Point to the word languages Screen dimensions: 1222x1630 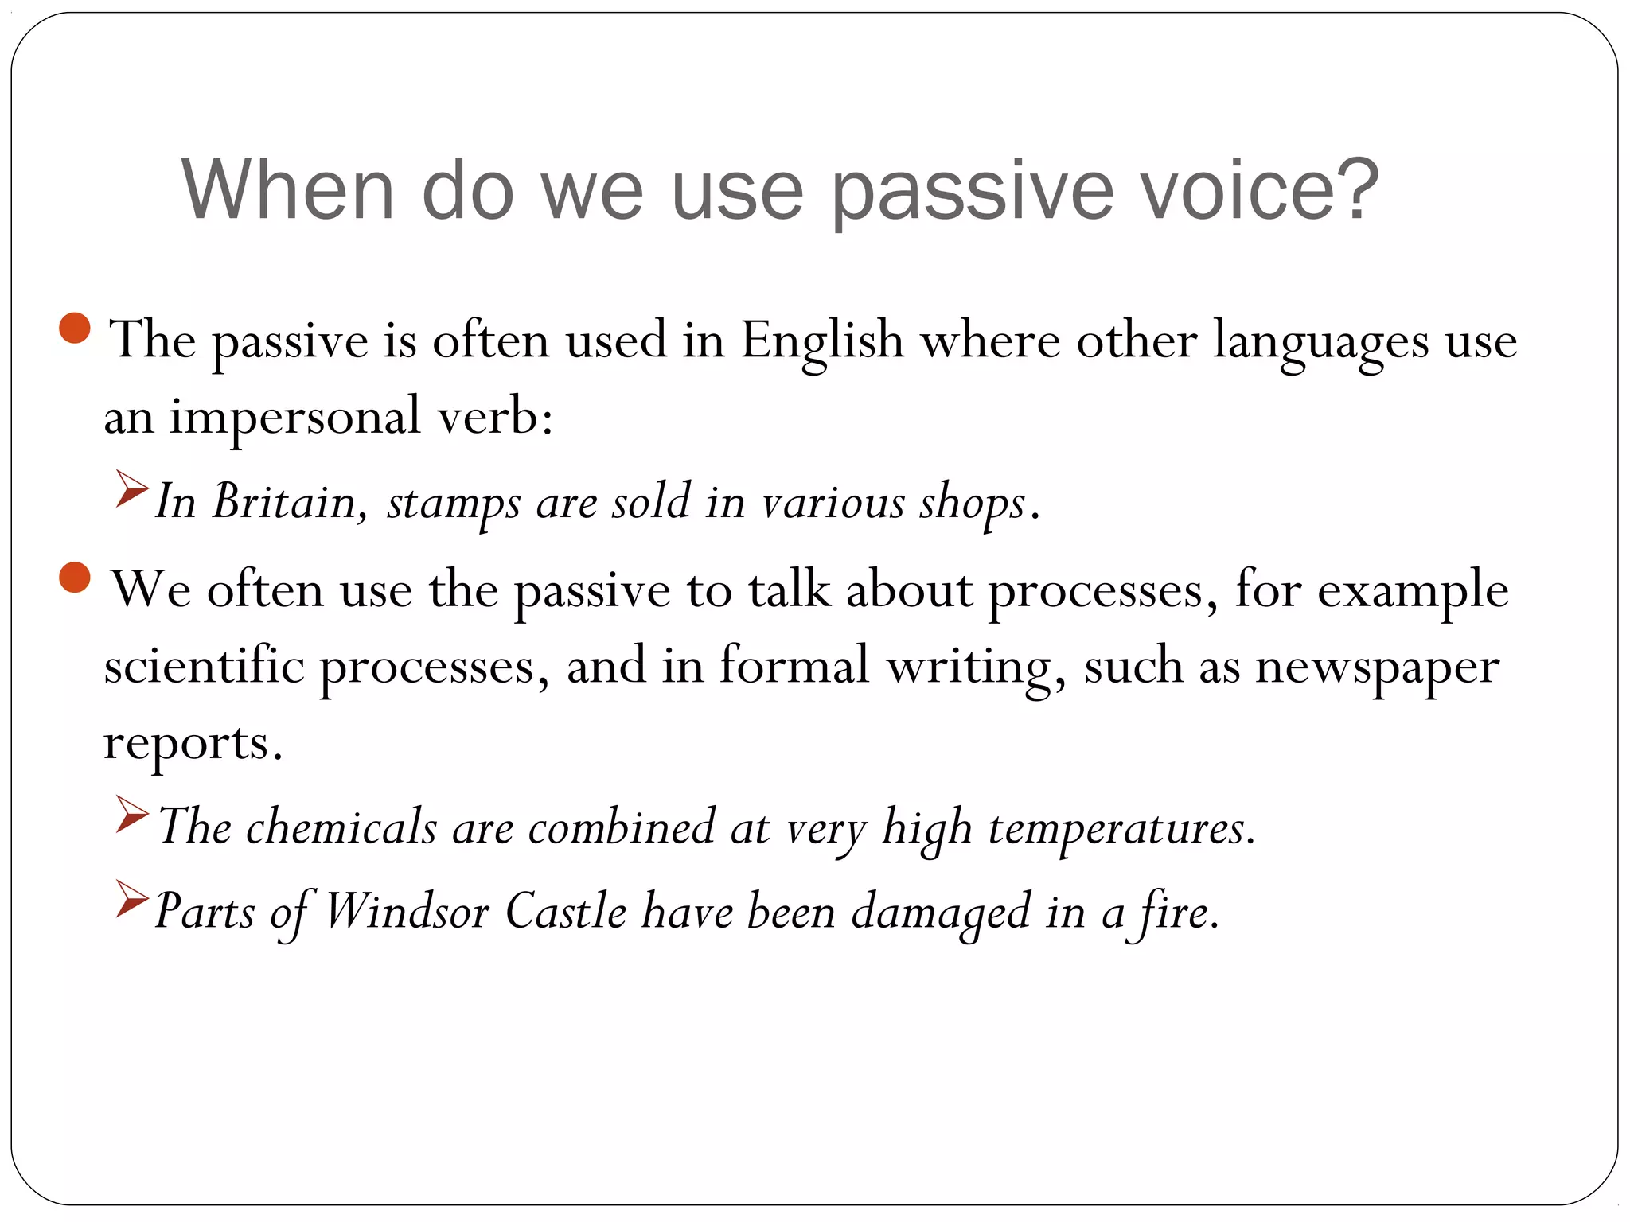coord(1320,342)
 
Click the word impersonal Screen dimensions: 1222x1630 coord(294,417)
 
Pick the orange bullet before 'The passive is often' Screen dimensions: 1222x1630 coord(75,328)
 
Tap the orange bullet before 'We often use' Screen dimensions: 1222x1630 coord(75,577)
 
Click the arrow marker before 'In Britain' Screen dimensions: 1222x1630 coord(131,488)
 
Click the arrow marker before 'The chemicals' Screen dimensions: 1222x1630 coord(131,814)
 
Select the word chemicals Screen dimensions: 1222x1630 coord(341,827)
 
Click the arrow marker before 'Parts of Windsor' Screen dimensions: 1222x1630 coord(131,899)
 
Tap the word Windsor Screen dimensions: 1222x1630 coord(407,911)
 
